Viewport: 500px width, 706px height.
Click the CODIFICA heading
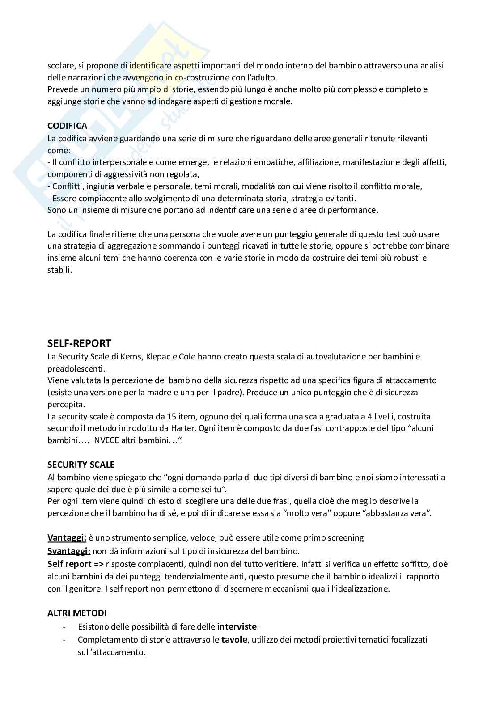coord(67,126)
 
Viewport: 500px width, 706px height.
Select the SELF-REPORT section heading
coord(79,343)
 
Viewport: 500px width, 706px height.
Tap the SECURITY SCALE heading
coord(81,465)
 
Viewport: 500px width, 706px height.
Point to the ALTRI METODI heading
coord(77,613)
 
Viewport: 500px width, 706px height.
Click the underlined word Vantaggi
coord(67,538)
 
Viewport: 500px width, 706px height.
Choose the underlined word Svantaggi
coord(69,551)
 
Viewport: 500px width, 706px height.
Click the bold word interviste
coord(237,626)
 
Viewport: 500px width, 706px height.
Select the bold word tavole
coord(234,640)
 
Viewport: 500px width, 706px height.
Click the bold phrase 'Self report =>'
coord(76,564)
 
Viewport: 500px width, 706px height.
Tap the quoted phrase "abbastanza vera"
coord(396,513)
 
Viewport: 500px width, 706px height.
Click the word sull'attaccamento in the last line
coord(111,652)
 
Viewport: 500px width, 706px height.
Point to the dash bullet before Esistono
coord(65,626)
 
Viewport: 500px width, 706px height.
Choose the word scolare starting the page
coord(61,65)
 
